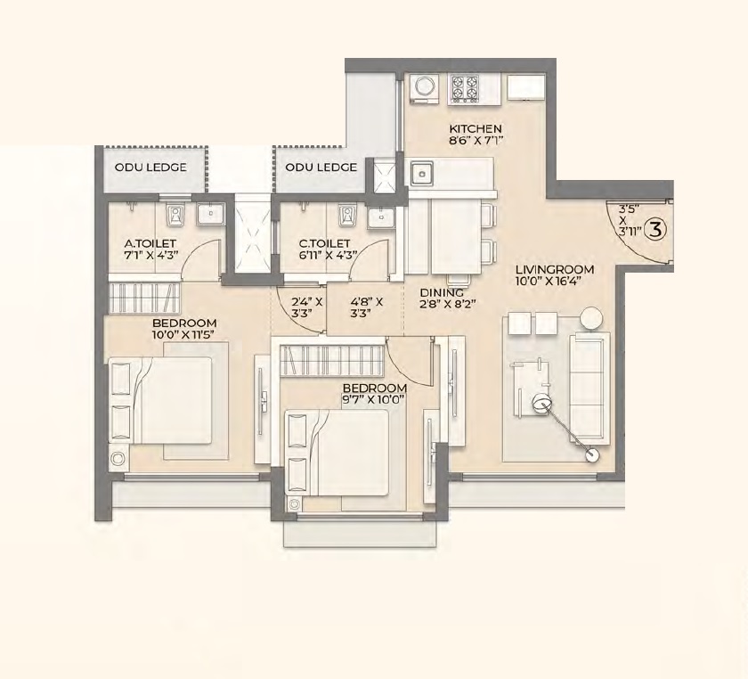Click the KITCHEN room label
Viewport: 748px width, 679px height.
point(476,128)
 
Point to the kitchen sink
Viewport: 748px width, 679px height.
point(422,171)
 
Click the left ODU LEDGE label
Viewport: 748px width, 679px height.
point(150,168)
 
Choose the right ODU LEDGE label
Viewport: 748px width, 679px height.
point(321,168)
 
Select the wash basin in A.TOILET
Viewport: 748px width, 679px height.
point(210,214)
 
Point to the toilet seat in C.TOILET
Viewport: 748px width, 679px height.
point(346,215)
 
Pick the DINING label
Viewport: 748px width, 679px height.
point(443,292)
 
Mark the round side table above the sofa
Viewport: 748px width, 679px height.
point(591,317)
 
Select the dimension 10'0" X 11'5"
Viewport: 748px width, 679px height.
point(184,335)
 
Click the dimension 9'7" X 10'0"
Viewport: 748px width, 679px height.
point(376,400)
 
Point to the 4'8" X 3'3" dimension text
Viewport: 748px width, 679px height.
point(365,307)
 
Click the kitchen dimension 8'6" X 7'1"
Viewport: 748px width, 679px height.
point(476,141)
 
